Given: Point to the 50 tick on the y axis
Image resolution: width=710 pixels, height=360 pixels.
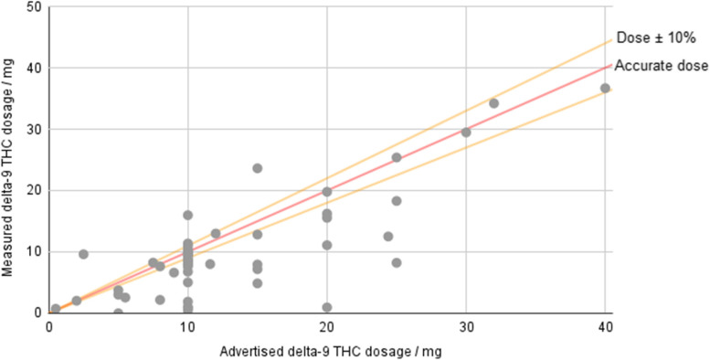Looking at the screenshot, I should click(33, 7).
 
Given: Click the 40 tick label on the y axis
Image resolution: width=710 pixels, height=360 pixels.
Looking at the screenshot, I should click(33, 69).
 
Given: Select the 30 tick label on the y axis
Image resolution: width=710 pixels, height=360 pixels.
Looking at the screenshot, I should click(33, 130).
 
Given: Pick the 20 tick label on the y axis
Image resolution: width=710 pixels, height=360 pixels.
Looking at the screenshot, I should click(33, 191).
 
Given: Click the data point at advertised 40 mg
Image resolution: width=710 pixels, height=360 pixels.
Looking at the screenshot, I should click(605, 89).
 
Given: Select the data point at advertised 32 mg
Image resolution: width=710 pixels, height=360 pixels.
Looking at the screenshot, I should click(493, 103).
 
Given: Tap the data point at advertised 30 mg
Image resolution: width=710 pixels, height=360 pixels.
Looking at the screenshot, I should click(466, 132).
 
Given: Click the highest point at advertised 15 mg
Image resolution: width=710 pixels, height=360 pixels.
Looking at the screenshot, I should click(258, 168).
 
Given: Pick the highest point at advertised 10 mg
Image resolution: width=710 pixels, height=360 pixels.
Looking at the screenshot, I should click(188, 216).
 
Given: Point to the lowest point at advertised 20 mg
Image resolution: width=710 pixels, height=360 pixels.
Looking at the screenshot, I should click(327, 308).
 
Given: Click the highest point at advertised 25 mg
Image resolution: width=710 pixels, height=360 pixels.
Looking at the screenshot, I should click(397, 157).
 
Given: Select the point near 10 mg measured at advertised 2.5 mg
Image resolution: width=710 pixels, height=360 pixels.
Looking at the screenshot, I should click(83, 254).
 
